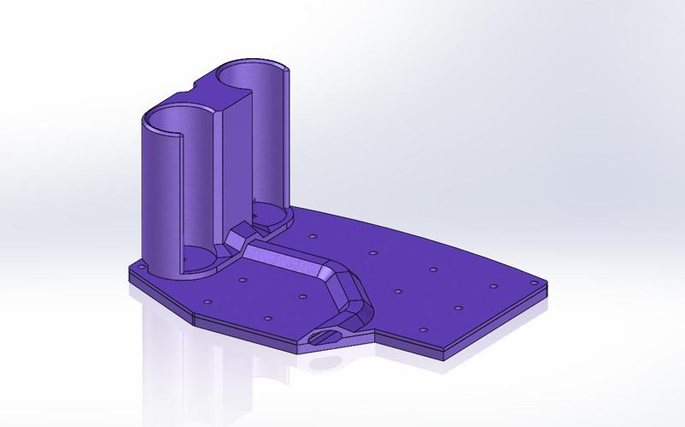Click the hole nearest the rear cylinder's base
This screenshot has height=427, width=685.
313,235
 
